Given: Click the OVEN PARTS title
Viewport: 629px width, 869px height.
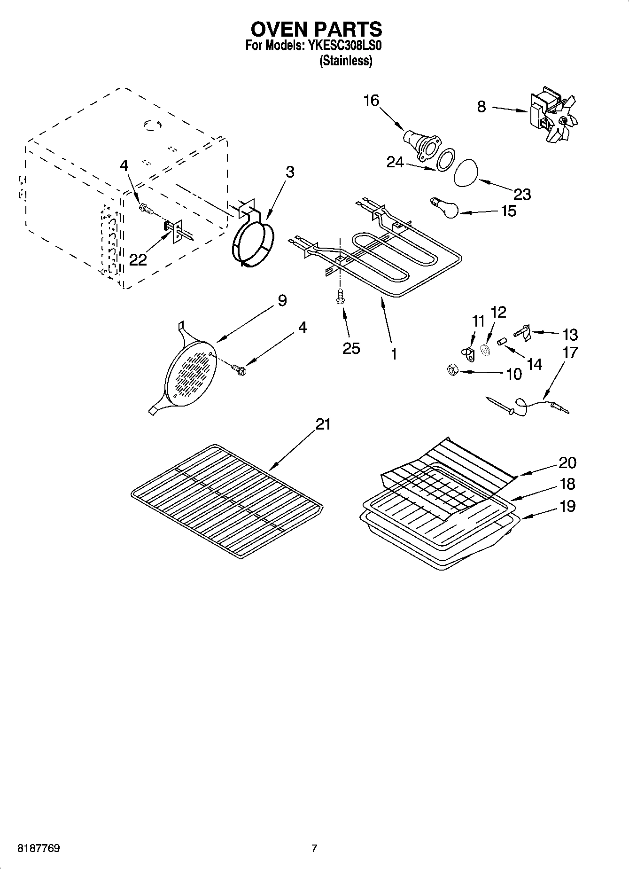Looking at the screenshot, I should [x=316, y=29].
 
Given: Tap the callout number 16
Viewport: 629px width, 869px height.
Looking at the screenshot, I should [x=371, y=100].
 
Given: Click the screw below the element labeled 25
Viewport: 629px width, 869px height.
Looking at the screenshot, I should [x=340, y=297].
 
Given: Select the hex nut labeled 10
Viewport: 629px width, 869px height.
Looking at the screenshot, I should [x=451, y=371].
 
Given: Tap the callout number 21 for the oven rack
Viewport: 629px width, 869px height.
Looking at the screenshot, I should [x=323, y=424].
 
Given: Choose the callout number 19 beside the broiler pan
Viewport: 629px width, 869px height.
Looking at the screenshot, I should [x=567, y=506].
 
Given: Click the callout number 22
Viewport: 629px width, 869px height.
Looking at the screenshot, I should [x=138, y=260].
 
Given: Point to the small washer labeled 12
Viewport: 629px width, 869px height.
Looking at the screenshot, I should [x=485, y=350].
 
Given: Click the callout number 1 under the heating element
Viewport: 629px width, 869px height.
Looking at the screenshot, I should [x=394, y=354].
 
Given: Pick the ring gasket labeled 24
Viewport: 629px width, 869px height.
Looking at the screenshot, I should [x=445, y=160].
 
